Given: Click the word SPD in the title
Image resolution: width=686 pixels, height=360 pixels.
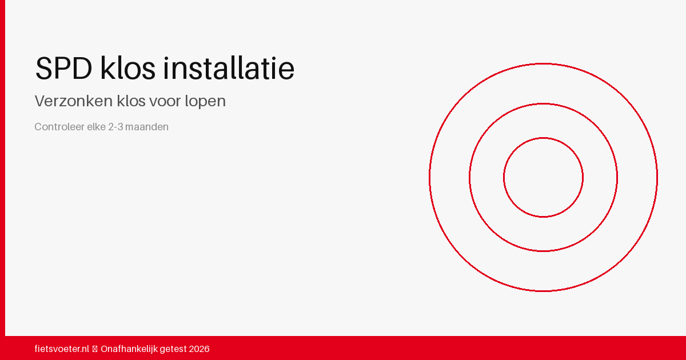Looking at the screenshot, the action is coord(63,68).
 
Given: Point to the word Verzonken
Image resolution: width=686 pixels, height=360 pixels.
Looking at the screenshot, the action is coord(74,101).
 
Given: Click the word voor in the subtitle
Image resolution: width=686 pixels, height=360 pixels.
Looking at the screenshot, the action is coord(166,102).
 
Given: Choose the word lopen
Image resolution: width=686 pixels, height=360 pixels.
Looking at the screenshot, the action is coord(205,101).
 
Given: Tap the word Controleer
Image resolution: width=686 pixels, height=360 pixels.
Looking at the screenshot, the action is coord(59,127).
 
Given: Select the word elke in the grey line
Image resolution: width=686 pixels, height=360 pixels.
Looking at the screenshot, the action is coord(96,127).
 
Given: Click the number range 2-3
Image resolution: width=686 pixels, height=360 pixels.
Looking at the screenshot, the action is coord(115,127).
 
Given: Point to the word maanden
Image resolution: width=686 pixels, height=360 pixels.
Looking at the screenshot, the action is coord(147,127).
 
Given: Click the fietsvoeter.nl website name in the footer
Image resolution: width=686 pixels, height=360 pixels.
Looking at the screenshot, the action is coord(62,349).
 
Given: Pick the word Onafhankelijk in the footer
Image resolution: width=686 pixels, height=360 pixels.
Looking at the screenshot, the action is coord(129,349).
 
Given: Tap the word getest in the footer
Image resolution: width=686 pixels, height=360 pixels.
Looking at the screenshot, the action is coord(173,349).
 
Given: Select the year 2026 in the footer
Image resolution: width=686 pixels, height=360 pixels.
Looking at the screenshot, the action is coord(199,349).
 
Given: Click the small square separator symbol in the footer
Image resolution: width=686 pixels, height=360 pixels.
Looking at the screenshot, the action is coord(95,349).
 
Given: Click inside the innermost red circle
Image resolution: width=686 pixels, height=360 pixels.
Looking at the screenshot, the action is coord(543,178).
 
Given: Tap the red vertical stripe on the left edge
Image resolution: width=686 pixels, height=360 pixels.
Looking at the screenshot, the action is coord(2,168).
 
